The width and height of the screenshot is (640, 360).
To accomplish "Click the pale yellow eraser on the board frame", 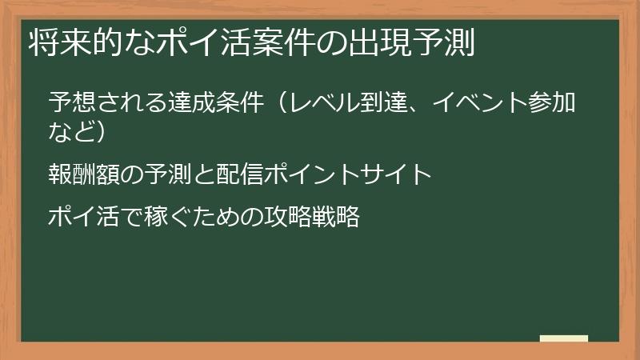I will pyautogui.click(x=564, y=338).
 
